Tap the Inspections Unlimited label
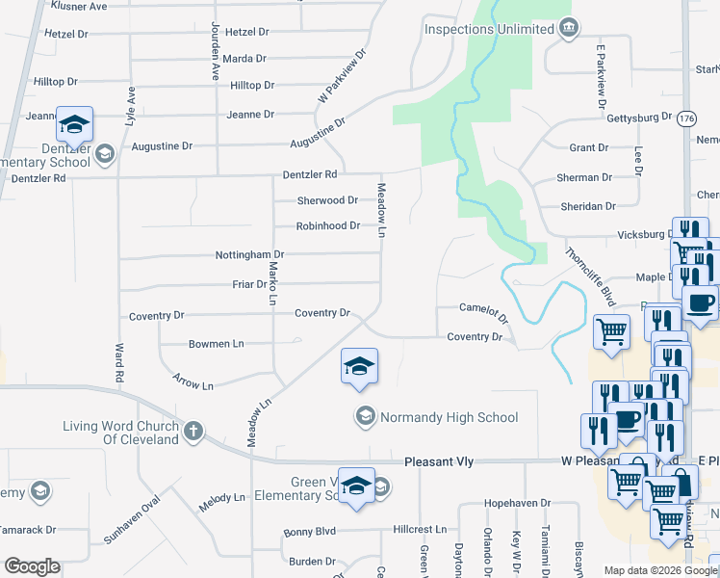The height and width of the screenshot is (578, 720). [489, 29]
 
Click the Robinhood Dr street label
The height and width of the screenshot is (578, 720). [327, 226]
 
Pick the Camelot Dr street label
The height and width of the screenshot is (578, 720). [483, 311]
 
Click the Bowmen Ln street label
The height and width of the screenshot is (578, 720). [216, 344]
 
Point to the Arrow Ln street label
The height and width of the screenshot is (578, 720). [193, 381]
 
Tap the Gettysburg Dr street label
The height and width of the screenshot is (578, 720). [639, 118]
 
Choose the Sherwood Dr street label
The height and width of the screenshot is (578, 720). [327, 200]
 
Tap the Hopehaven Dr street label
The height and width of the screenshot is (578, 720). [517, 504]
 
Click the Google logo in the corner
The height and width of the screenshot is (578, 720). [32, 566]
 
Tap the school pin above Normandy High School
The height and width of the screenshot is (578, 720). [358, 367]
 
